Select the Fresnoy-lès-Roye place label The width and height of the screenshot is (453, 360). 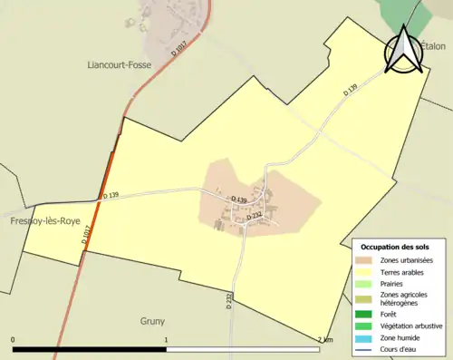coord(43,220)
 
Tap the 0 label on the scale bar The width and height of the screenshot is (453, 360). coord(14,340)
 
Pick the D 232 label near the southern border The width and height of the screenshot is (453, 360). coord(229,300)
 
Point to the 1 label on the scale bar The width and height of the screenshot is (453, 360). coord(167,340)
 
